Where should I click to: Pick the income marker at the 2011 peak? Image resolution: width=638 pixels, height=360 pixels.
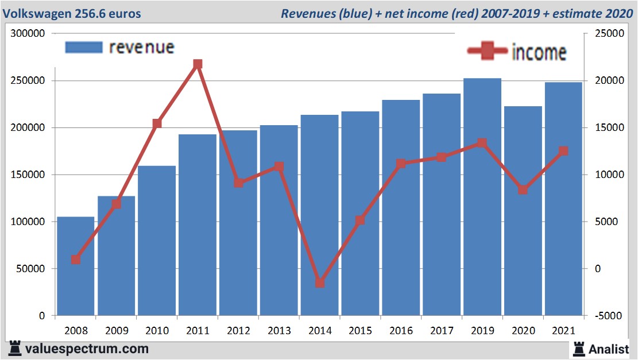click(x=198, y=64)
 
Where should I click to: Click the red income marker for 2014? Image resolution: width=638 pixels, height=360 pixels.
click(x=320, y=282)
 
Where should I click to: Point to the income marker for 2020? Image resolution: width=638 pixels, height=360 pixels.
click(x=523, y=189)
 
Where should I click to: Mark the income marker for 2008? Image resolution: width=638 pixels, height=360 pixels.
click(x=75, y=260)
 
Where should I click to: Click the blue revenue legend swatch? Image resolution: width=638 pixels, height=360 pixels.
click(x=84, y=47)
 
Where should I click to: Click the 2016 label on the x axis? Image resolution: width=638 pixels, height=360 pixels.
click(x=401, y=331)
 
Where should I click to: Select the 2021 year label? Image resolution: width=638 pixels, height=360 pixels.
click(x=563, y=331)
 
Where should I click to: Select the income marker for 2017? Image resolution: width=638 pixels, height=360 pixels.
click(x=442, y=157)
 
